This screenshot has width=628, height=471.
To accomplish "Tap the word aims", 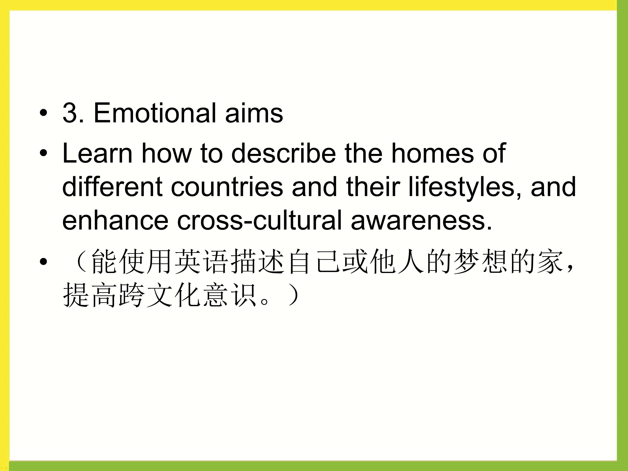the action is [254, 113].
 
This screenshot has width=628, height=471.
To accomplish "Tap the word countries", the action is [227, 187].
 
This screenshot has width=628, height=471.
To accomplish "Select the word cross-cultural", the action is [259, 220].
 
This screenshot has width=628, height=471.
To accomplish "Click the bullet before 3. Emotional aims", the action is [43, 113].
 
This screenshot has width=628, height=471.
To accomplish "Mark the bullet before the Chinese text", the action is [43, 261].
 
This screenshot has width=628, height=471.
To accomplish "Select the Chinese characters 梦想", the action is [480, 261].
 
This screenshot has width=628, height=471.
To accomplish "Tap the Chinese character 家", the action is [550, 261].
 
